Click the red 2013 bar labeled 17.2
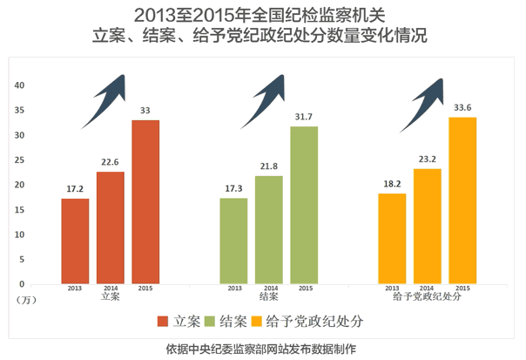coord(75,241)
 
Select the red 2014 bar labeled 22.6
coord(111,227)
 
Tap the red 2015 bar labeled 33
coord(145,201)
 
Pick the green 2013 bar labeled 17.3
coord(233,241)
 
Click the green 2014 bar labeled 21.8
coord(269,229)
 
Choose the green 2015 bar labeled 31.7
coord(304,205)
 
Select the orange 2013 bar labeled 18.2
coord(392,238)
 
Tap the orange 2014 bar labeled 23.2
coord(428,226)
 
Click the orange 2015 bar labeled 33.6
coord(462,200)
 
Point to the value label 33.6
coord(462,108)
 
